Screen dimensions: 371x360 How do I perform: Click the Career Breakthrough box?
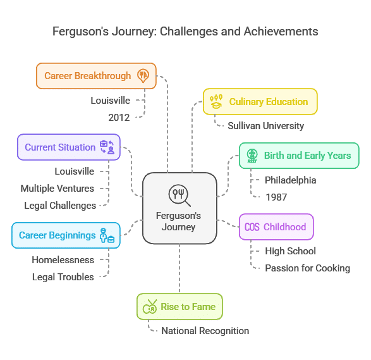click(96, 76)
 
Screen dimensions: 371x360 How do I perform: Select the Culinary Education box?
click(260, 102)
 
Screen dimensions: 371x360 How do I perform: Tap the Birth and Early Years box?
click(299, 156)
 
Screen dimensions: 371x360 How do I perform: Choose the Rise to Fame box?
click(179, 306)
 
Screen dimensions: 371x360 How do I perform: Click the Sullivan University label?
click(265, 126)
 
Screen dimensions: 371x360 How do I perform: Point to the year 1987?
click(276, 197)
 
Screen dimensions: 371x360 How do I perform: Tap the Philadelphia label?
click(290, 180)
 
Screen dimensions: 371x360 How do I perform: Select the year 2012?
click(119, 118)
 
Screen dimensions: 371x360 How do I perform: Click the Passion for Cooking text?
click(307, 268)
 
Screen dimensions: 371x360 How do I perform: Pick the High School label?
click(290, 251)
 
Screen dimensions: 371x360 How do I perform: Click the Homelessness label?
click(63, 260)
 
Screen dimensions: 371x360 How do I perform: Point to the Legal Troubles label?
click(63, 277)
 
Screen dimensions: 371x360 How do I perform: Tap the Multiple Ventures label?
click(58, 189)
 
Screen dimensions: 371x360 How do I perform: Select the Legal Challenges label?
click(60, 206)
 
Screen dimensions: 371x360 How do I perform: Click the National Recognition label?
click(205, 331)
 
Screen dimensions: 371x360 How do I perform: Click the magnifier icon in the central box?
click(179, 196)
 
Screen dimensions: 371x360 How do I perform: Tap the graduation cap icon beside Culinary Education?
click(216, 102)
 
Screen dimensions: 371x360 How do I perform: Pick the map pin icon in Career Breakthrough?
click(143, 76)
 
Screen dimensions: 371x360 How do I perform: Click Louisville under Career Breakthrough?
click(110, 101)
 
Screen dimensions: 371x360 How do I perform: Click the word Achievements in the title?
click(281, 32)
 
